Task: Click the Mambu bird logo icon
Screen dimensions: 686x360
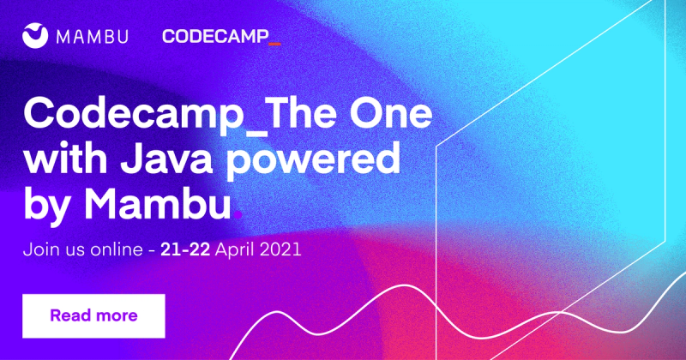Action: point(35,35)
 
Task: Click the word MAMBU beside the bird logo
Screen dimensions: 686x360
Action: point(93,37)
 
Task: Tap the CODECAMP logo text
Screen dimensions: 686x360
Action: point(215,37)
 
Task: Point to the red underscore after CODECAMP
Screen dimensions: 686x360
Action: point(274,44)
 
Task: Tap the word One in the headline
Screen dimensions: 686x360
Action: point(391,113)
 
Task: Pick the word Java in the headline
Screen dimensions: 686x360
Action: point(166,158)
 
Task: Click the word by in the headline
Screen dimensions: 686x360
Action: point(46,206)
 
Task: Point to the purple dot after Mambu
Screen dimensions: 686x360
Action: point(238,215)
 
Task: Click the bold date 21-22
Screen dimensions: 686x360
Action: point(185,249)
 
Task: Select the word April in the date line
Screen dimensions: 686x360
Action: point(235,250)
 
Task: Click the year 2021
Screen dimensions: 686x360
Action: point(280,249)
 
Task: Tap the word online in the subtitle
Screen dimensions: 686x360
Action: point(117,249)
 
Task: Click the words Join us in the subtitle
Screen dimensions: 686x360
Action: point(54,249)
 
